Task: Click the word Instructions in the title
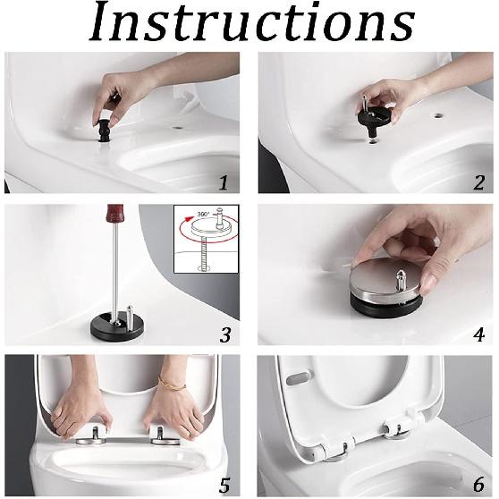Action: click(x=252, y=21)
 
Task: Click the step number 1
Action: click(x=224, y=182)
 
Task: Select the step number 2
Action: click(x=478, y=182)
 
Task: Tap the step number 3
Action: click(x=225, y=334)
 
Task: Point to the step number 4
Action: click(x=478, y=334)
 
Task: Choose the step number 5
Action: click(x=224, y=486)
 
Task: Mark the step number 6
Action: click(x=478, y=485)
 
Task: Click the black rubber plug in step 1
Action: click(x=103, y=131)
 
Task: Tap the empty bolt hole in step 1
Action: click(x=178, y=128)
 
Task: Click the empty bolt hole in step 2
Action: click(x=438, y=114)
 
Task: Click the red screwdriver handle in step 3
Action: click(x=115, y=214)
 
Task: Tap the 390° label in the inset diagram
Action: click(x=204, y=214)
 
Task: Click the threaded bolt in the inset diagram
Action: click(x=202, y=253)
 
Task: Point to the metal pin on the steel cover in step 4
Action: click(x=401, y=279)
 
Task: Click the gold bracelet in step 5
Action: click(x=172, y=383)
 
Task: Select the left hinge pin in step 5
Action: click(x=96, y=433)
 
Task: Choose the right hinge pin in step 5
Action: click(x=160, y=432)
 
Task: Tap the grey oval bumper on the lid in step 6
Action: click(x=300, y=377)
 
